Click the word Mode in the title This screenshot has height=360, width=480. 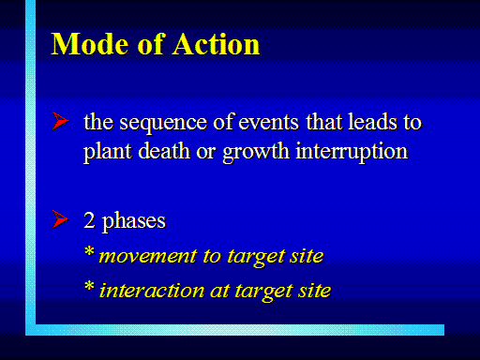(x=90, y=44)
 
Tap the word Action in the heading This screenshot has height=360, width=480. (x=217, y=44)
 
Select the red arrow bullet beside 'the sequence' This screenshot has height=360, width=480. (x=60, y=121)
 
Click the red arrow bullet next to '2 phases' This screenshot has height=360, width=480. (x=60, y=219)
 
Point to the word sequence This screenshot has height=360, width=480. (x=163, y=123)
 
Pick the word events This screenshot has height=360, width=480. (x=269, y=122)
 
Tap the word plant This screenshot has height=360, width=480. (x=108, y=152)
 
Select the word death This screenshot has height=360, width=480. (x=164, y=151)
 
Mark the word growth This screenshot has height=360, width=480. (x=256, y=152)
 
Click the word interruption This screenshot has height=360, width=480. (x=352, y=152)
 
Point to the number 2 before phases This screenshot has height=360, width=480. (x=89, y=220)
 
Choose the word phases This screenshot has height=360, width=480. (x=134, y=222)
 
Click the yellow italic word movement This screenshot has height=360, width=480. (x=148, y=257)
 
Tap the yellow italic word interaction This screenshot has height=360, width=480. (x=152, y=291)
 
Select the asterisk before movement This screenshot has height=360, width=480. (x=89, y=251)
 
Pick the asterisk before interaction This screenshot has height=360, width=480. (x=89, y=286)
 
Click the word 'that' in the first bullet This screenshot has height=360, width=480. (x=323, y=121)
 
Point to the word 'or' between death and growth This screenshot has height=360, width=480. (x=206, y=154)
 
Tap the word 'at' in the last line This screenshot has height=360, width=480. (x=220, y=291)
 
